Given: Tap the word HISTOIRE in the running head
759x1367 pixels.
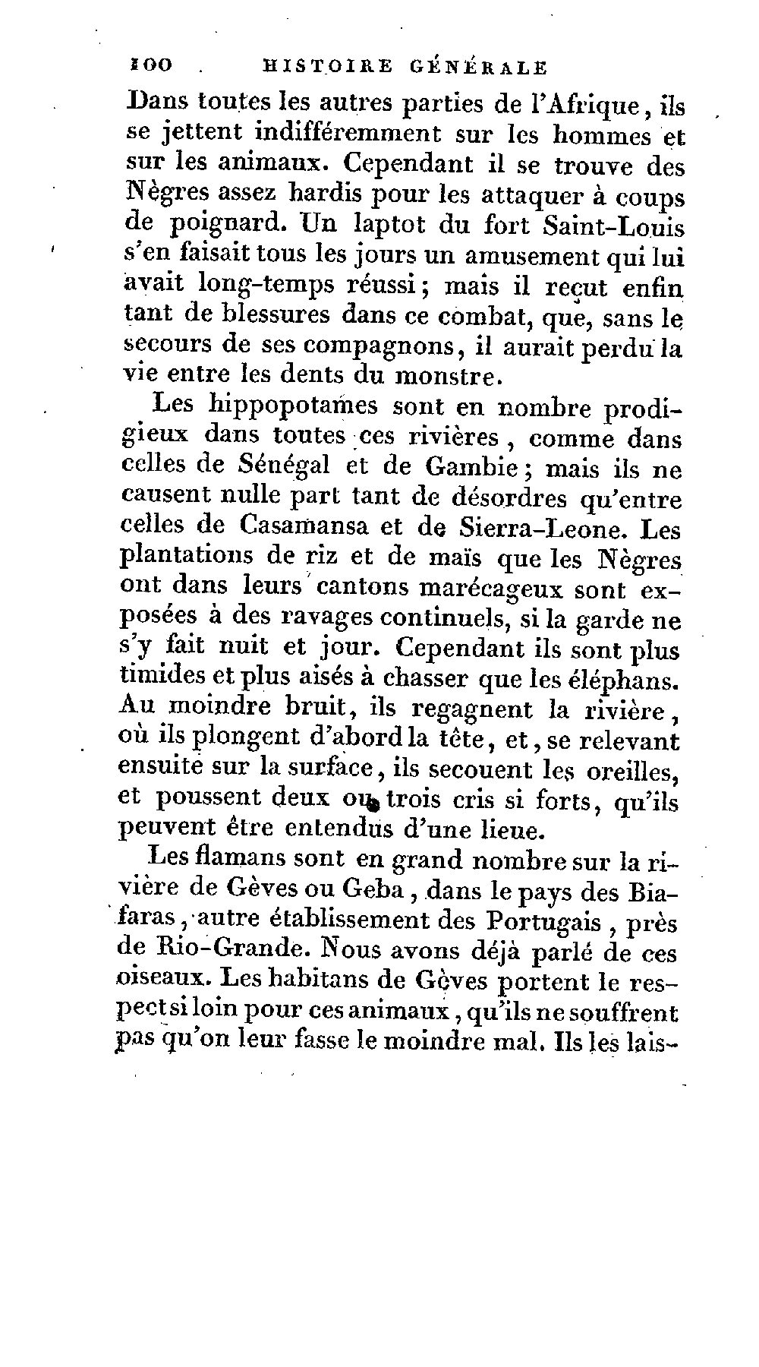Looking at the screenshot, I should (x=327, y=67).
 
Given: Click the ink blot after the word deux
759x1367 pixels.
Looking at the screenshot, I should (x=373, y=800).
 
